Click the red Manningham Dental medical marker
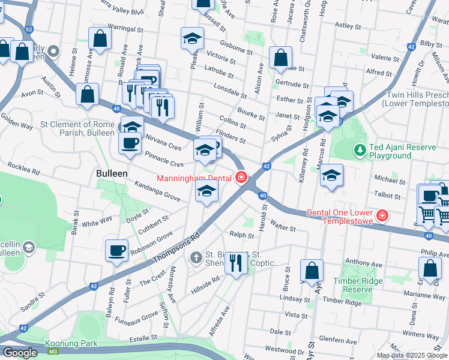point(241,178)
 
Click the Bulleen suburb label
point(112,173)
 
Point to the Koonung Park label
point(71,343)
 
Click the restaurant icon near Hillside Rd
point(236,262)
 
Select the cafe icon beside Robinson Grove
point(116,250)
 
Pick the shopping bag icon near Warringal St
point(100,39)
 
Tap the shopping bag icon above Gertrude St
point(280,58)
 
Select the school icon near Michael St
point(331,176)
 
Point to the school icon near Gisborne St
point(193,40)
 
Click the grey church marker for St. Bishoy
point(195,259)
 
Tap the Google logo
point(20,353)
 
